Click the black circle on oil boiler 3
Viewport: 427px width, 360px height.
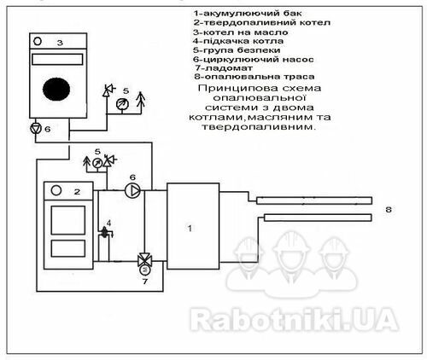pos(56,89)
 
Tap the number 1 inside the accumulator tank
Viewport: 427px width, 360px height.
pos(190,228)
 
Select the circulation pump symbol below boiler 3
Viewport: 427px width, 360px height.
pos(36,129)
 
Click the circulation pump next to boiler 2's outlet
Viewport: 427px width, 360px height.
pos(132,190)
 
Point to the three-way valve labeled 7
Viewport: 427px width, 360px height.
pos(144,260)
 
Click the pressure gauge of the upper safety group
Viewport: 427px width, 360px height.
pos(123,104)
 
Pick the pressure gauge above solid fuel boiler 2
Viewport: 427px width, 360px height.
pos(97,163)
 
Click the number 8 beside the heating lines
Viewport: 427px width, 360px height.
pos(389,210)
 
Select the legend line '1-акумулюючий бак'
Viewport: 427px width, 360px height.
pos(247,13)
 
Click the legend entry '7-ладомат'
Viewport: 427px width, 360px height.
pos(224,68)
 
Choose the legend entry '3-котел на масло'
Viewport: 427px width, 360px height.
pos(241,32)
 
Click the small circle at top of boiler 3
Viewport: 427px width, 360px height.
pos(38,41)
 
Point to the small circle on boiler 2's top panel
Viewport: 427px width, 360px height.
pos(56,190)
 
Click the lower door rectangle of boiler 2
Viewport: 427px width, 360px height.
pos(68,248)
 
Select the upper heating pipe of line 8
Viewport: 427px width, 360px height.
pos(314,200)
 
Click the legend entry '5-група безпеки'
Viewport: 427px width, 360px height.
pos(237,50)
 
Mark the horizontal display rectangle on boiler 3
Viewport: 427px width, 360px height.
pos(57,59)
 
